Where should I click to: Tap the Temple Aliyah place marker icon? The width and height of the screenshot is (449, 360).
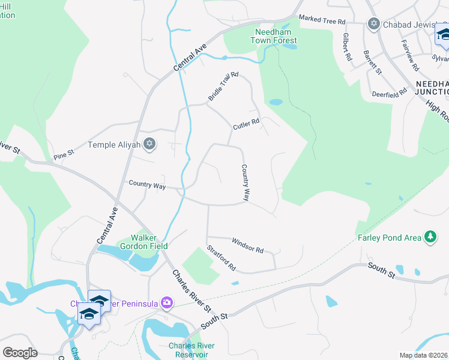[x=150, y=144]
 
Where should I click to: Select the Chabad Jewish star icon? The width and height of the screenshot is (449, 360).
[x=374, y=24]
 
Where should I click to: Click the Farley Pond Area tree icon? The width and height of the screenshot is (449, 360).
[x=430, y=238]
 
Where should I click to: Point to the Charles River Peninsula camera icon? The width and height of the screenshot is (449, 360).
[x=166, y=304]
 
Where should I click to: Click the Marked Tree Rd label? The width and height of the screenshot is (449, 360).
[x=322, y=20]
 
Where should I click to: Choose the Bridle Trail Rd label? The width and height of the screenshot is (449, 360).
[x=223, y=86]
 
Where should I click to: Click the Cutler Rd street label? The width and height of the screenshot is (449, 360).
[x=246, y=124]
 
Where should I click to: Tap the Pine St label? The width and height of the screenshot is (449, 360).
[x=63, y=153]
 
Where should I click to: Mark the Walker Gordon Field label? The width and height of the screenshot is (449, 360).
[x=150, y=241]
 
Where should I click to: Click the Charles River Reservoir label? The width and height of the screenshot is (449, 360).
[x=191, y=350]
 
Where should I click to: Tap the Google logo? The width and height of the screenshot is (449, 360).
[x=20, y=352]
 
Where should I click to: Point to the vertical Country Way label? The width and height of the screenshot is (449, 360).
[x=246, y=182]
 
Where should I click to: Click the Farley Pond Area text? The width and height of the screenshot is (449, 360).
[x=390, y=238]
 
